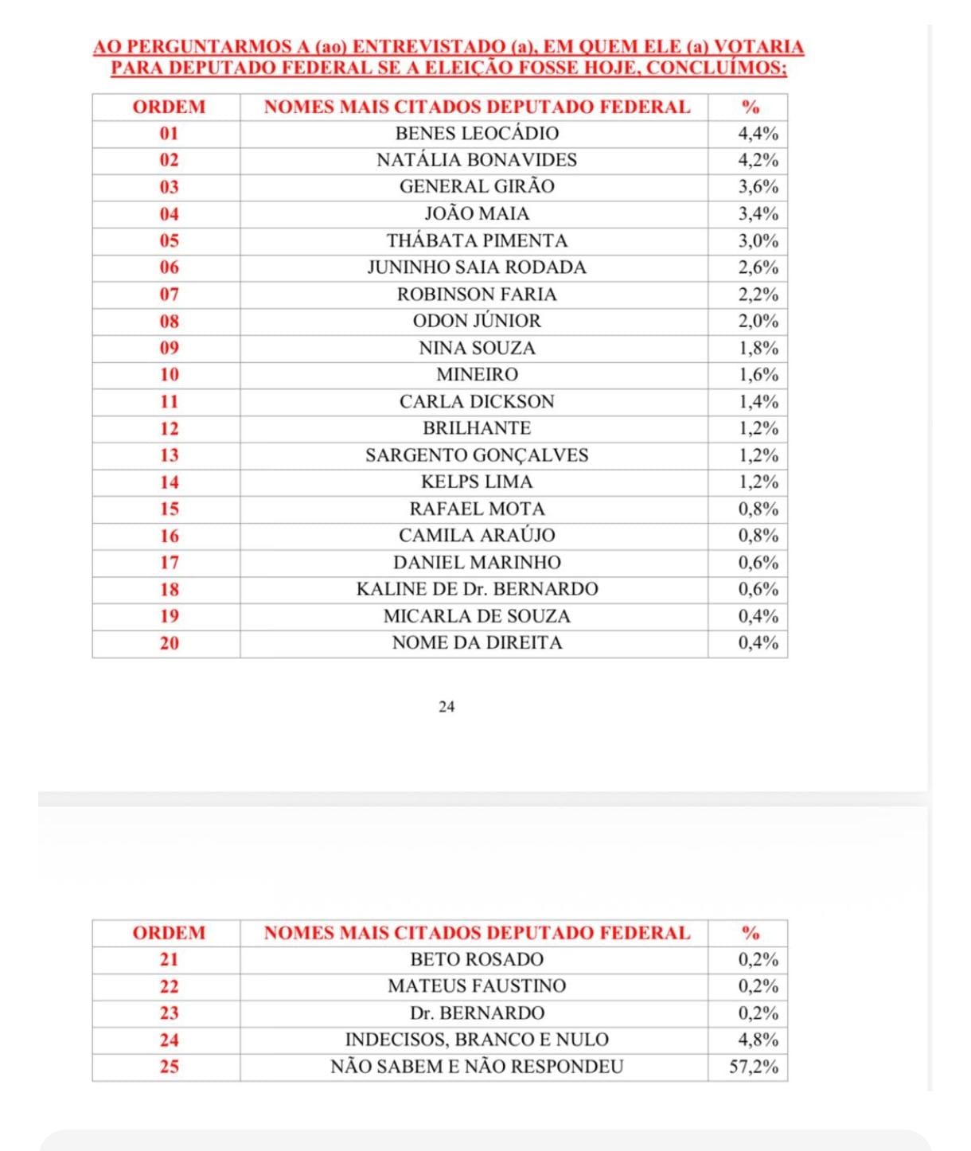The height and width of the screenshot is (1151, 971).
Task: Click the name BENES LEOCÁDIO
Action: point(477,133)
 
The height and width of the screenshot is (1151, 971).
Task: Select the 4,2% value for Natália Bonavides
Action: point(758,160)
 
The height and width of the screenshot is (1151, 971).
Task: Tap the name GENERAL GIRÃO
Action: point(477,186)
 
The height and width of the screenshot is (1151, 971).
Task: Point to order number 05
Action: point(170,240)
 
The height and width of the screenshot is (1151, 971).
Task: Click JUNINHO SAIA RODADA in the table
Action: point(477,267)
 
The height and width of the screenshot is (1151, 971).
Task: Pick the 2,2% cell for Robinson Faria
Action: point(758,295)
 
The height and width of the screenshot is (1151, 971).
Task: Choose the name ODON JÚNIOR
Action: point(477,321)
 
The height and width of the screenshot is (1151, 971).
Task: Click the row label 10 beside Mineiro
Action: point(170,375)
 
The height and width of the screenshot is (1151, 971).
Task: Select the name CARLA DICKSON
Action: point(477,402)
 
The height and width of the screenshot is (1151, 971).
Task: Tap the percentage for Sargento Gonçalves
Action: point(758,455)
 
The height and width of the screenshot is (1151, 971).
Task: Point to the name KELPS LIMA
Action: point(477,482)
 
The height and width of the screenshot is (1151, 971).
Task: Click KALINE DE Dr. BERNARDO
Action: point(477,589)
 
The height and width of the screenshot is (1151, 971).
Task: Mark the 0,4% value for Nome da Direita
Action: point(758,643)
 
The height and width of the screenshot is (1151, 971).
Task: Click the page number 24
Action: point(447,707)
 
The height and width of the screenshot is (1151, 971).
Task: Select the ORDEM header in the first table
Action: point(169,107)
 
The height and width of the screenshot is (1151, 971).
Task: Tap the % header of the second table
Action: point(750,933)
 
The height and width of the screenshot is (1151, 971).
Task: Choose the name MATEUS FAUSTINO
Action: point(477,986)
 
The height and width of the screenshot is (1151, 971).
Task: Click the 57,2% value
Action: point(754,1067)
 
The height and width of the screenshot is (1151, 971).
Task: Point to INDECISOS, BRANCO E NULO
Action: point(477,1040)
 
